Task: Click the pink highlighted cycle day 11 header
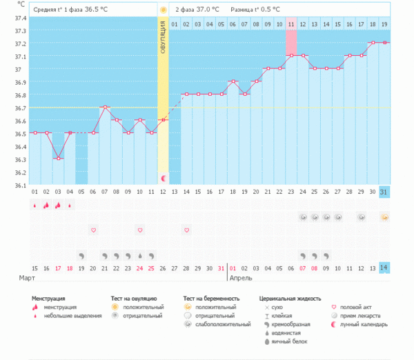click(x=291, y=24)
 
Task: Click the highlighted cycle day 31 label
click(x=384, y=191)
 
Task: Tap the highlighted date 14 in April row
click(x=384, y=268)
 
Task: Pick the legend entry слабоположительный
click(x=223, y=323)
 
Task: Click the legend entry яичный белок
click(x=291, y=340)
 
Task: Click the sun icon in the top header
click(x=164, y=10)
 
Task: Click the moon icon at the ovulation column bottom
click(x=164, y=179)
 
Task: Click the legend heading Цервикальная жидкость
click(x=290, y=299)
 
